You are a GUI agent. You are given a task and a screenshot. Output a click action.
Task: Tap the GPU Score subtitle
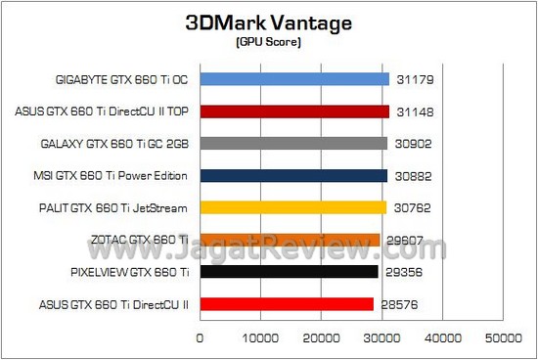(x=268, y=43)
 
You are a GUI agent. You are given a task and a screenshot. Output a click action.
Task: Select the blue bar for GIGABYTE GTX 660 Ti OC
(x=294, y=79)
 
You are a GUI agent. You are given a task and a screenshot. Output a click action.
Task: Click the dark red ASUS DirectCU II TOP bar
(x=294, y=112)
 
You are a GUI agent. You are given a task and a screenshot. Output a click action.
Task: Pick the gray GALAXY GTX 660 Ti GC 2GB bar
(x=293, y=144)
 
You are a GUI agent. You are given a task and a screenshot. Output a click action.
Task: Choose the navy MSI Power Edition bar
(x=293, y=176)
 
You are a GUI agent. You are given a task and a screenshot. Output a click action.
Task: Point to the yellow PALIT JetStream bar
(x=293, y=207)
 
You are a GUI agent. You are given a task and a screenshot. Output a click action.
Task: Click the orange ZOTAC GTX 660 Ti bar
(x=290, y=240)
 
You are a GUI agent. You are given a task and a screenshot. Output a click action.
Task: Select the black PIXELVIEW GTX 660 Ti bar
(x=289, y=272)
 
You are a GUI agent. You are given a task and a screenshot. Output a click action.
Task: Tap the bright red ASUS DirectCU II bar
(x=287, y=304)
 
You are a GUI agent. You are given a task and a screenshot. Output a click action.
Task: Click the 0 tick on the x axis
(x=201, y=338)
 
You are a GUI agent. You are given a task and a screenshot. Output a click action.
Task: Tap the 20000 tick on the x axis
(x=321, y=338)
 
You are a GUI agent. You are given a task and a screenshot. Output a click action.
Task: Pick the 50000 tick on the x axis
(x=502, y=338)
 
